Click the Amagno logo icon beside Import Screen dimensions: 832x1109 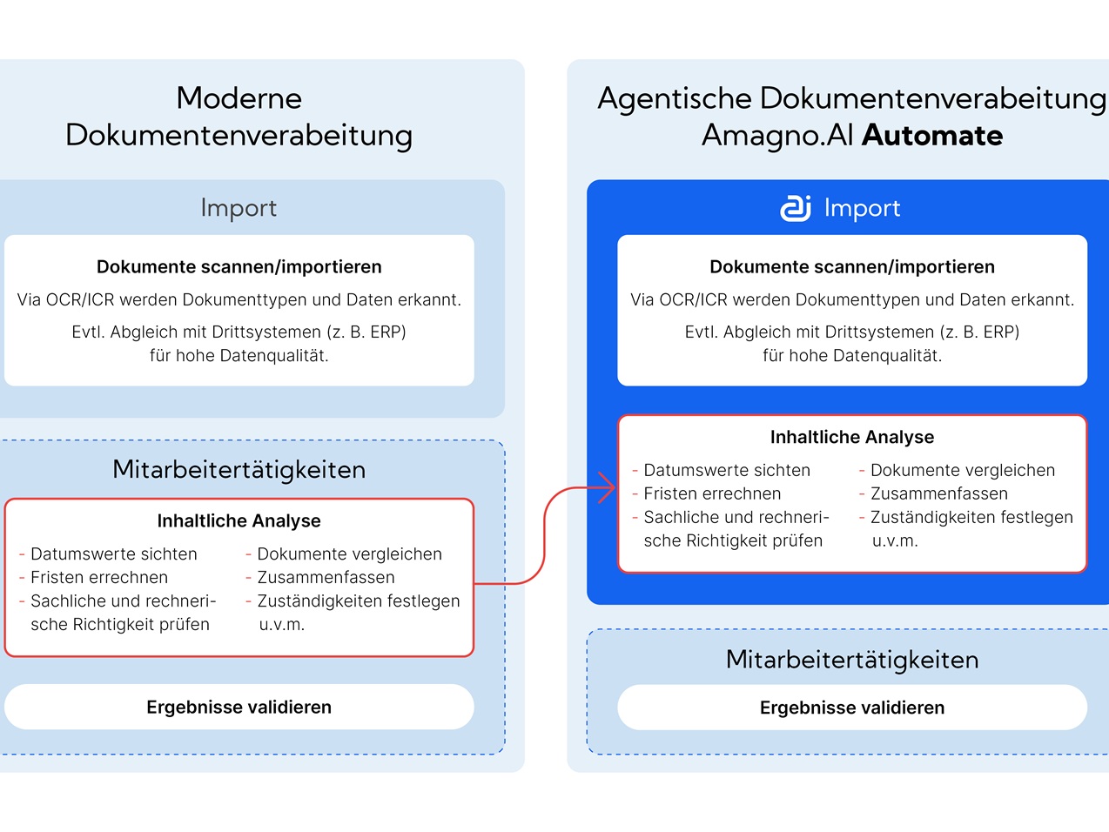[796, 208]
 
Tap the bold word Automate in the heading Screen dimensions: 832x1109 [932, 136]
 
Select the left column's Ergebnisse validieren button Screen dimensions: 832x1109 [239, 707]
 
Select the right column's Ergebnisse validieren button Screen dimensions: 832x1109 [852, 708]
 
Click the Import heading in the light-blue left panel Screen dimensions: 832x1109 [239, 208]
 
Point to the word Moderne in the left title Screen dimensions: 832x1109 [239, 98]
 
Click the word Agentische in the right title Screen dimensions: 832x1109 [675, 98]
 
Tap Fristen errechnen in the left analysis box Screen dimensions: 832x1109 [99, 577]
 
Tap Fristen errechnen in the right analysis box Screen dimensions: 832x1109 [712, 493]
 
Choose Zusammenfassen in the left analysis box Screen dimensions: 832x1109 [326, 577]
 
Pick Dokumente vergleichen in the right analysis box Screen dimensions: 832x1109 [963, 470]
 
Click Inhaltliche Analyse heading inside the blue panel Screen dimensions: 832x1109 [852, 437]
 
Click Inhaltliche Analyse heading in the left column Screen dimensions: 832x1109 [239, 520]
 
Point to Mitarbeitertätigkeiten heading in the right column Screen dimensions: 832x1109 [852, 660]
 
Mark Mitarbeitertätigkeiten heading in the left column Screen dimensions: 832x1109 [239, 470]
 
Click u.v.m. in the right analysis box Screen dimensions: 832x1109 [895, 540]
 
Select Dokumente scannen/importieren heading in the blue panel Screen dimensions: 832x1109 [852, 266]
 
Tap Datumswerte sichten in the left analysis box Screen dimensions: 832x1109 [114, 554]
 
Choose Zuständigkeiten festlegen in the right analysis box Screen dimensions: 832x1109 [971, 517]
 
